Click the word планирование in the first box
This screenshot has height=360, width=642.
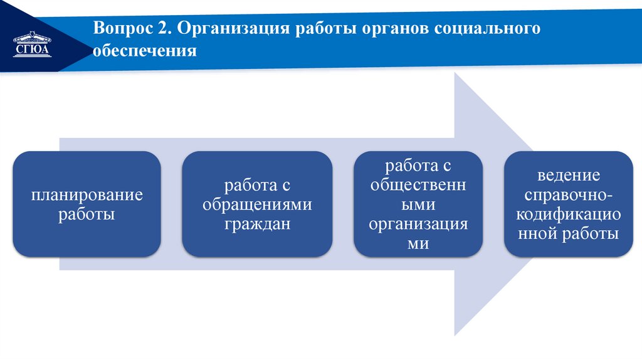pos(87,195)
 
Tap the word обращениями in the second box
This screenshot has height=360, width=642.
pos(257,204)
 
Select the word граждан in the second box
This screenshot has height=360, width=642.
pos(257,223)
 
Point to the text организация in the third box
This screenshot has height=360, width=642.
pos(418,224)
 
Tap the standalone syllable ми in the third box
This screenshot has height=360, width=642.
pos(418,243)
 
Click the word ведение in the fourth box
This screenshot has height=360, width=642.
pos(568,176)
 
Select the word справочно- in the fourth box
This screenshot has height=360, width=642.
pos(568,195)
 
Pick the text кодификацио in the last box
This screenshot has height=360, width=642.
pos(568,214)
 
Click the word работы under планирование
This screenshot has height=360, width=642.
pos(87,214)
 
